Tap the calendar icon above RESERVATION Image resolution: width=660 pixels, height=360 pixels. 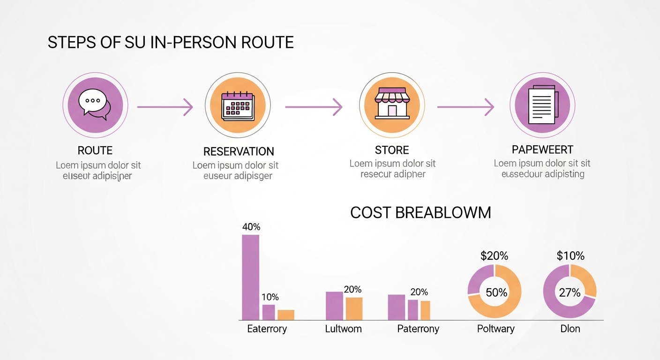tap(238, 106)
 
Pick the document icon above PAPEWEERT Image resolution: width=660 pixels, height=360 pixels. tap(542, 105)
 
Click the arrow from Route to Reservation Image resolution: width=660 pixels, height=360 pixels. tap(165, 107)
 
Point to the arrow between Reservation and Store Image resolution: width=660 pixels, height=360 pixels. tap(314, 107)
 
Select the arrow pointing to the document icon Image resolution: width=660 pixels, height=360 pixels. tap(465, 107)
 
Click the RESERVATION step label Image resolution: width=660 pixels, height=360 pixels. tap(239, 151)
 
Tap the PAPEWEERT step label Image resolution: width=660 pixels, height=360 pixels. tap(542, 150)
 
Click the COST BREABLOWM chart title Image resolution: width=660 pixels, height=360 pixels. tap(420, 212)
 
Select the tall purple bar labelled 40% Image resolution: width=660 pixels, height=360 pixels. tap(250, 277)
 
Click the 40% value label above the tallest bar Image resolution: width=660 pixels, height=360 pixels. tap(251, 227)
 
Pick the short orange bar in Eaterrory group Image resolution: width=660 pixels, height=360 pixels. tap(286, 315)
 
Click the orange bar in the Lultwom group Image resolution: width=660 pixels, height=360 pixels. tap(354, 308)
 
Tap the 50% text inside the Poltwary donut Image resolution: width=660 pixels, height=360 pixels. tap(496, 292)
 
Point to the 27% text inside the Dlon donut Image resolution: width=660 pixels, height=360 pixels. tap(570, 292)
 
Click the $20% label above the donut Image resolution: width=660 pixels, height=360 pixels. tap(495, 256)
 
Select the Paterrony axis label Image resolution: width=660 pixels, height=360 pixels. tap(418, 329)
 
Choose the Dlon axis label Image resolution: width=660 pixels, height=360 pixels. tap(570, 329)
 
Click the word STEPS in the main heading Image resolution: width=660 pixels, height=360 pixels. tap(70, 43)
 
